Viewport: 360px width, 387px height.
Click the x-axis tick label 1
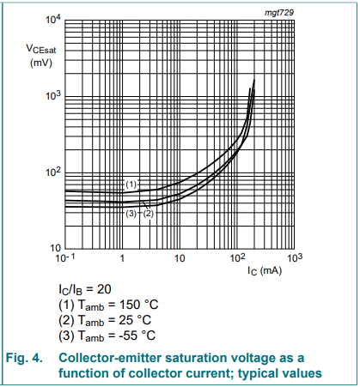(122, 258)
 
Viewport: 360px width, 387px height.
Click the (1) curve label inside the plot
(131, 184)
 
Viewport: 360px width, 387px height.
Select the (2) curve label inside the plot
(147, 213)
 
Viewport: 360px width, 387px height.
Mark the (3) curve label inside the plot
(131, 213)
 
